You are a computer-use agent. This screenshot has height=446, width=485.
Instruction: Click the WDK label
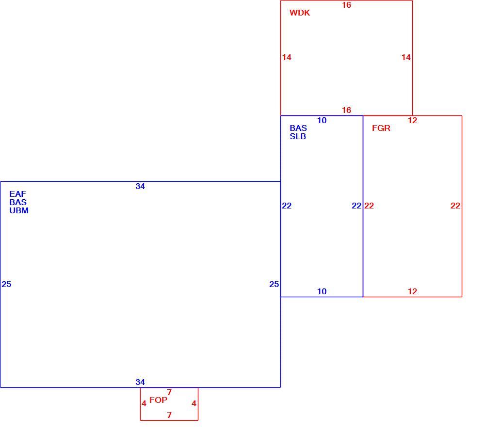point(300,13)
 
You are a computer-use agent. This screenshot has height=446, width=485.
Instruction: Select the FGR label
point(381,128)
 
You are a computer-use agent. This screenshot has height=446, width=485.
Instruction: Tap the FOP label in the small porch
point(159,400)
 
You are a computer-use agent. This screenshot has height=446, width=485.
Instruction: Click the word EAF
point(17,194)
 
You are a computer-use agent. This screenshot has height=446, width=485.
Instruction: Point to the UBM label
point(19,210)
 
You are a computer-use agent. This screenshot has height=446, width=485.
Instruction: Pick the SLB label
point(298,136)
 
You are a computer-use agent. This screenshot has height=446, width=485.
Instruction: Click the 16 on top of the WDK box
point(346,5)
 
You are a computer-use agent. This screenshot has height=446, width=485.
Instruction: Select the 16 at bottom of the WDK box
point(346,110)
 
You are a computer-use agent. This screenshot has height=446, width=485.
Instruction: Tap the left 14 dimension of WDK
point(287,57)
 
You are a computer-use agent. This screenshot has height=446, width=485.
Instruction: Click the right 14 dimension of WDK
point(406,57)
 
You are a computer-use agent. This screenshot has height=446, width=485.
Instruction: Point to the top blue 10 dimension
point(322,121)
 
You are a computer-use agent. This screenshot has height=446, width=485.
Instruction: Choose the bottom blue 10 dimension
point(322,291)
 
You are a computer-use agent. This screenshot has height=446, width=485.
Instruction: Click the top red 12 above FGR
point(412,121)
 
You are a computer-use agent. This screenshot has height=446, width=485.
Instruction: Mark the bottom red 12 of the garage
point(412,291)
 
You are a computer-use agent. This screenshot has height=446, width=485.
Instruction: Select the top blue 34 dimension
point(140,186)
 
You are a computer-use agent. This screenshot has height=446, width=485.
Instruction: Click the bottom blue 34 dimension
point(140,382)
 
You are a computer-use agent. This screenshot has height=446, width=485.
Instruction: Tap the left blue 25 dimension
point(6,284)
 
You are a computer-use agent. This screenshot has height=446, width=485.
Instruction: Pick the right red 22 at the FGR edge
point(455,206)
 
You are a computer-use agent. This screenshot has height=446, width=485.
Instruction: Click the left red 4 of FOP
point(144,404)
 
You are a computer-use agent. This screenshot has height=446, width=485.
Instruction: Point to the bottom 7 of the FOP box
point(169,415)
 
